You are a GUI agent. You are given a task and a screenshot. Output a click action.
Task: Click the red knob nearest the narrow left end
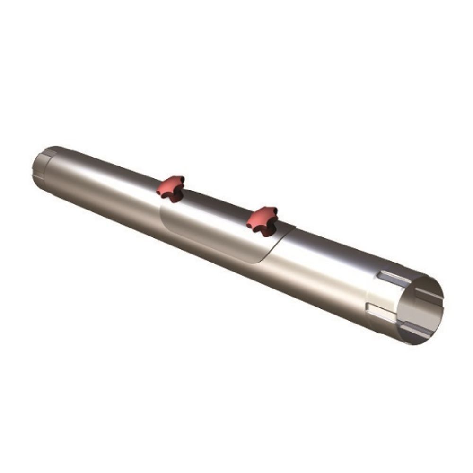coord(171,186)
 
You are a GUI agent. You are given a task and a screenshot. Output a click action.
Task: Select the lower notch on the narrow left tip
coord(38,178)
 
